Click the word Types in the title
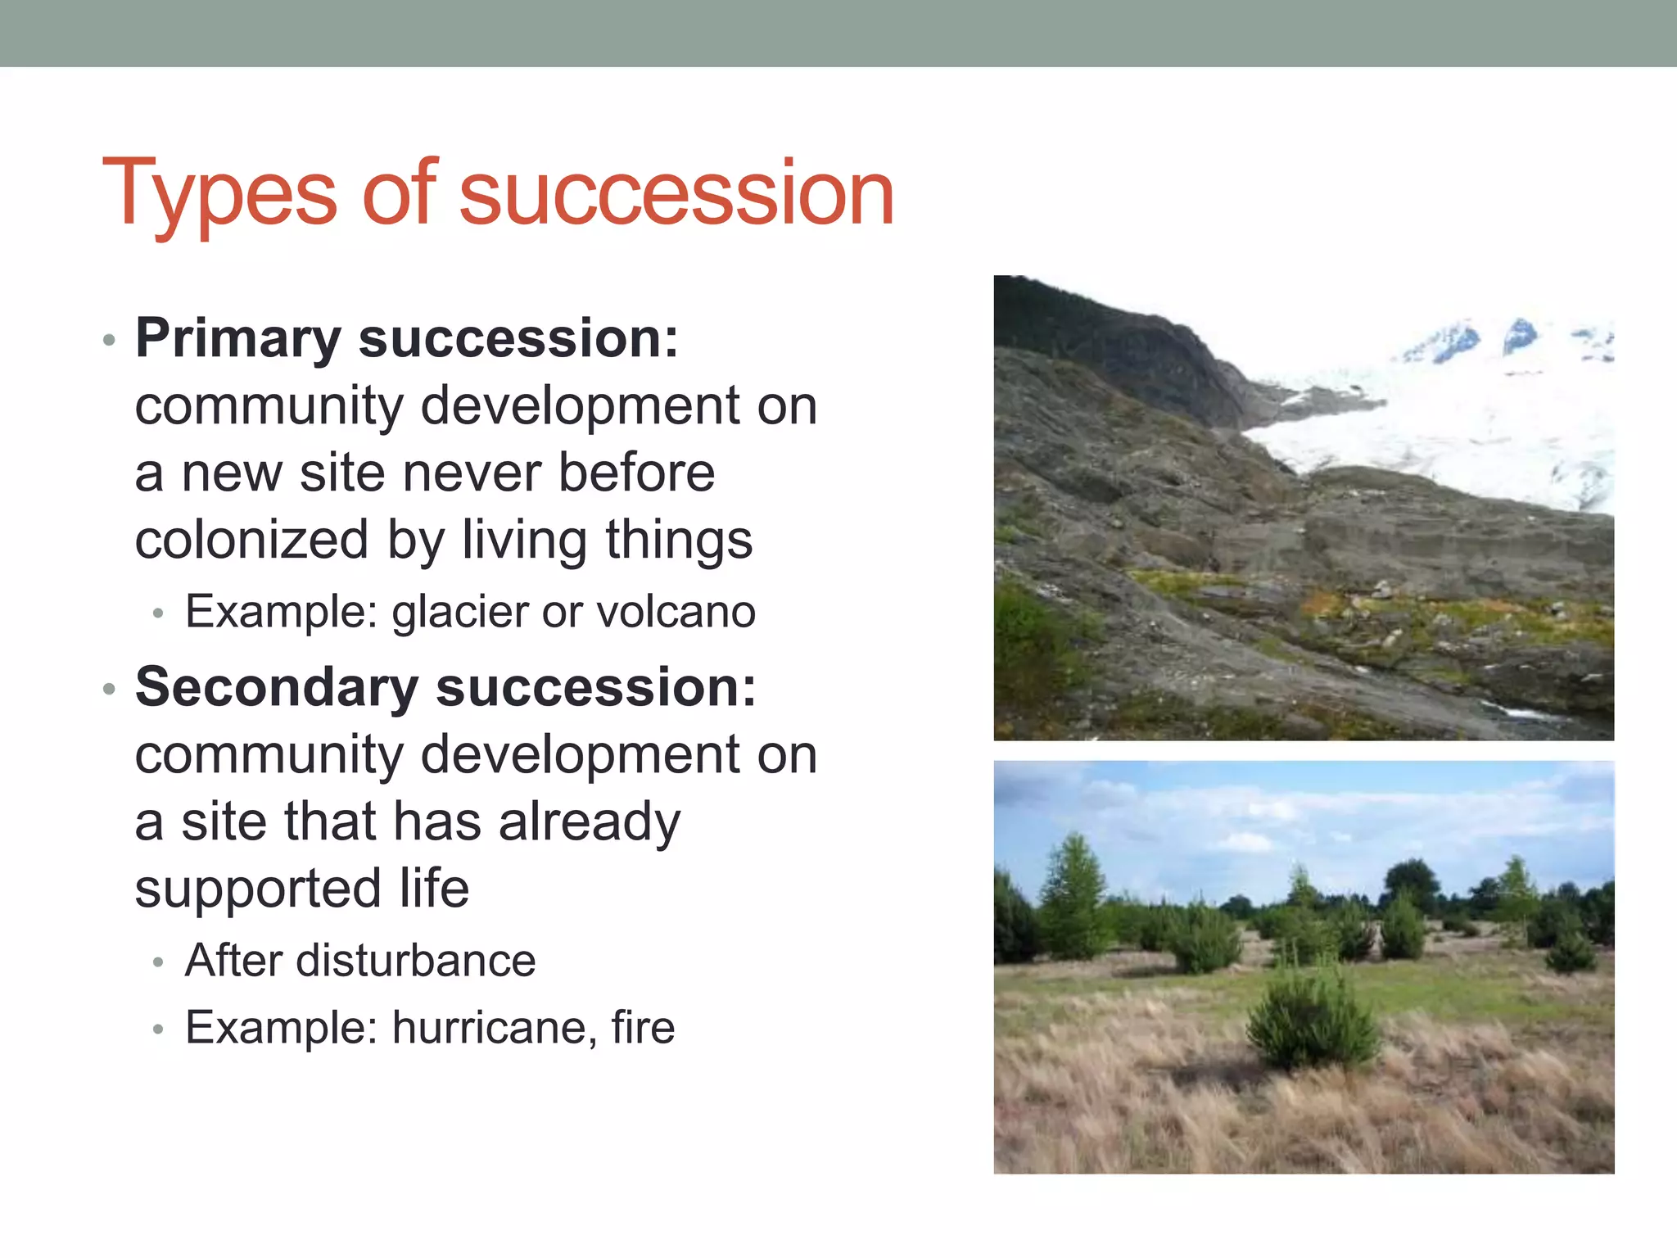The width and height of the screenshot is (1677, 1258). tap(219, 195)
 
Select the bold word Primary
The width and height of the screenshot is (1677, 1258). tap(237, 337)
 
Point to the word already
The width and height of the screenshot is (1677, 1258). tap(589, 822)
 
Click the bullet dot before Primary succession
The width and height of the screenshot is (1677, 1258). tap(110, 339)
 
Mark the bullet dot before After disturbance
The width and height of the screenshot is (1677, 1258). tap(159, 962)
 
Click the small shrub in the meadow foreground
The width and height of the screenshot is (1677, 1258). tap(1312, 1020)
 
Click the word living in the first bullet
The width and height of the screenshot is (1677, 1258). tap(525, 540)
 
